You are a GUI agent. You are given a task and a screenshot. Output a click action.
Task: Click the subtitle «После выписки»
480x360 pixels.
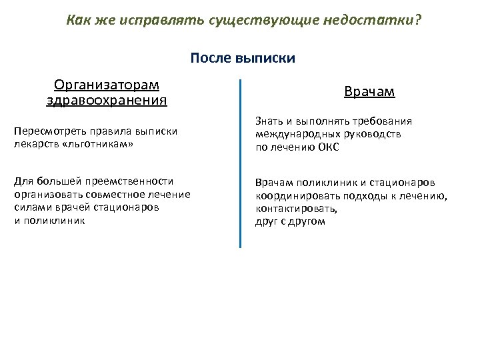(243, 58)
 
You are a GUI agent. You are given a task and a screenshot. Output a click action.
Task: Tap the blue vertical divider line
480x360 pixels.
(240, 163)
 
